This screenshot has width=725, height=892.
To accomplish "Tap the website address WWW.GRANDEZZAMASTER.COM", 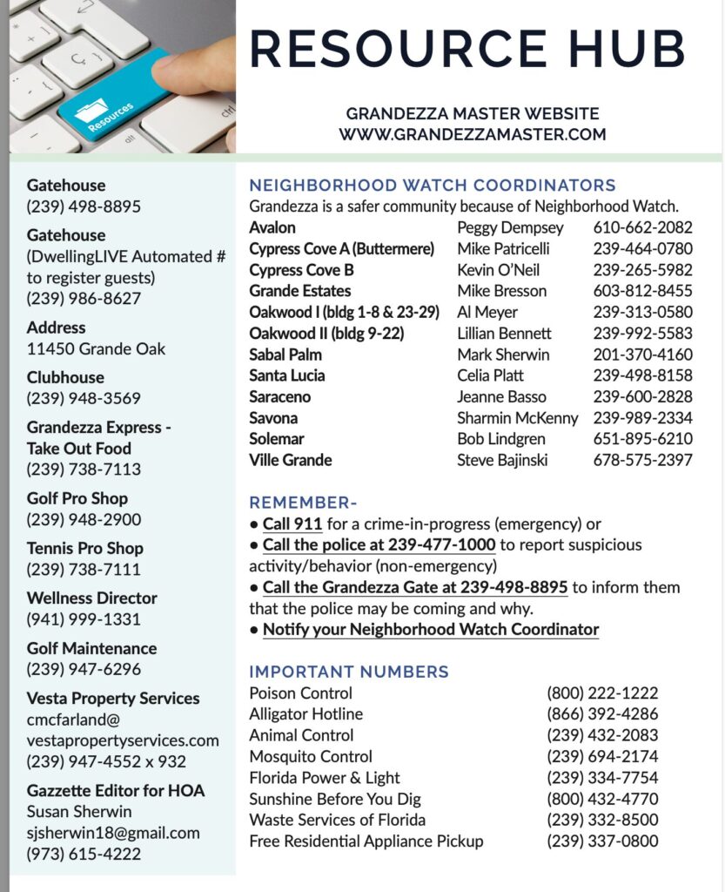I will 473,135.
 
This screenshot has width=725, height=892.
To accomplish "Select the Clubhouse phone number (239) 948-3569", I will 84,398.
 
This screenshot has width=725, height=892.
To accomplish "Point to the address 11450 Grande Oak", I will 96,348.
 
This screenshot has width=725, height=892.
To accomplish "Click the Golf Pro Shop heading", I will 77,498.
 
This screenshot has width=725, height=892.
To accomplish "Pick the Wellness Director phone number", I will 84,619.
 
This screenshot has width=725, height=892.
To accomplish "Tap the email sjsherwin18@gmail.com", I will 113,833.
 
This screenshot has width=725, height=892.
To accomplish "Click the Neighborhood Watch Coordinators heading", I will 433,186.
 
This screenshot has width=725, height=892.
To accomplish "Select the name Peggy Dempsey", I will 510,227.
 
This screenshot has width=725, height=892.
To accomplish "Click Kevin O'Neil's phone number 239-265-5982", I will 642,270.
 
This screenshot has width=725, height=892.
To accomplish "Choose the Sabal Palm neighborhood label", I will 285,355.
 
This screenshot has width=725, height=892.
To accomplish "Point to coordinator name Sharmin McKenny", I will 517,418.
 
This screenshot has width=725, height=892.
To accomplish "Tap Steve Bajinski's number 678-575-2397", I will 642,460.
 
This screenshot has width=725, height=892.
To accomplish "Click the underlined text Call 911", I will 292,524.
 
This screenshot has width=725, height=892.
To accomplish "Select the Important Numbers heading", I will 349,672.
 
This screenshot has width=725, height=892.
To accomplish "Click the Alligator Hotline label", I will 306,714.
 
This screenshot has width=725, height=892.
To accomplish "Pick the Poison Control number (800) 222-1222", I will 602,693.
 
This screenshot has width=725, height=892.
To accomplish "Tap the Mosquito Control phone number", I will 602,757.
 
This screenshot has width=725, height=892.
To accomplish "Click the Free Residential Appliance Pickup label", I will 366,841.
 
